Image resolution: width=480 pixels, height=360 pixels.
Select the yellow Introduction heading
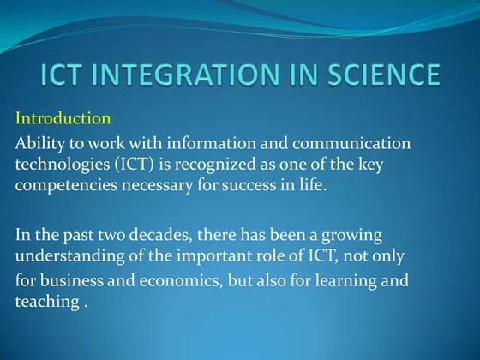coord(63,118)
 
